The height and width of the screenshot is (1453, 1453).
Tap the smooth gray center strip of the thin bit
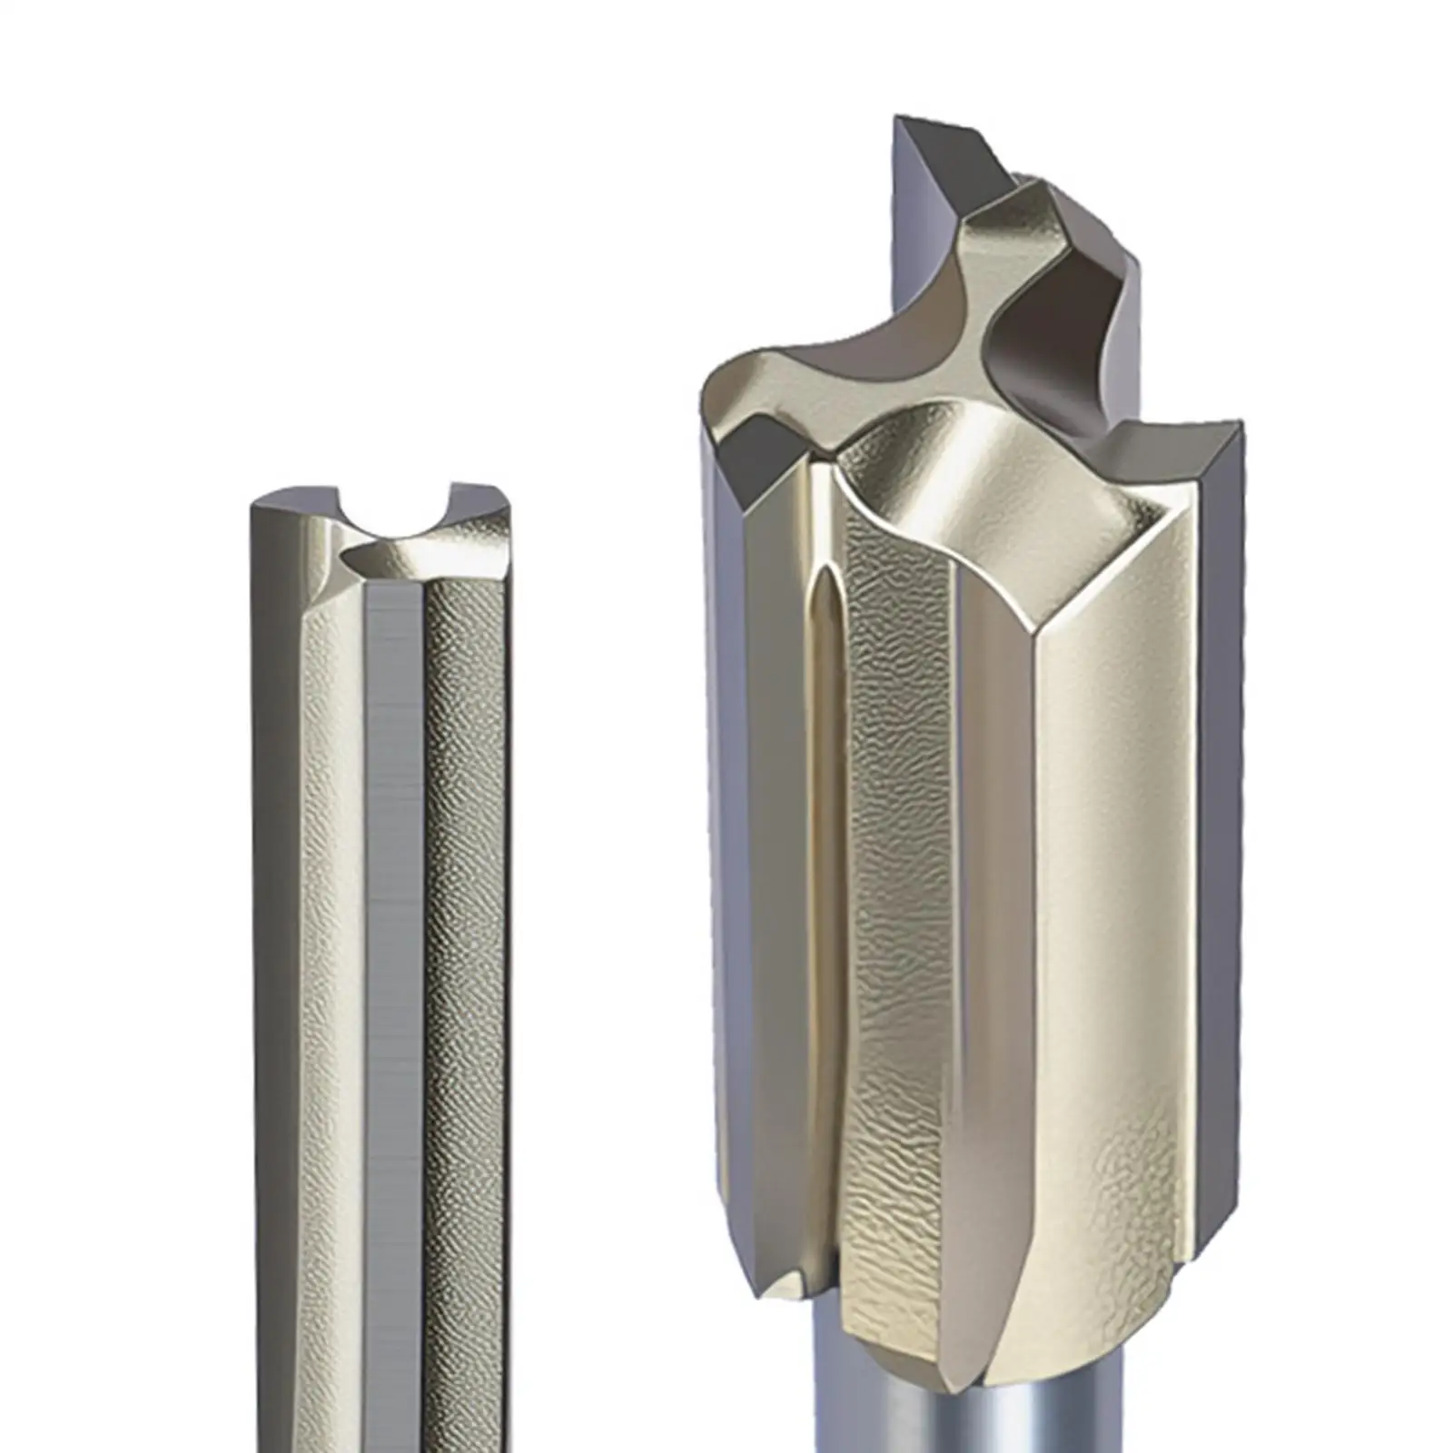394,908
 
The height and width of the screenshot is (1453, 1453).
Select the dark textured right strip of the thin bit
463,908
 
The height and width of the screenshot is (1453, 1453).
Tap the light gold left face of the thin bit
331,908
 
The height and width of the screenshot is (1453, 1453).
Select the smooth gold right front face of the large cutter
1090,908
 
